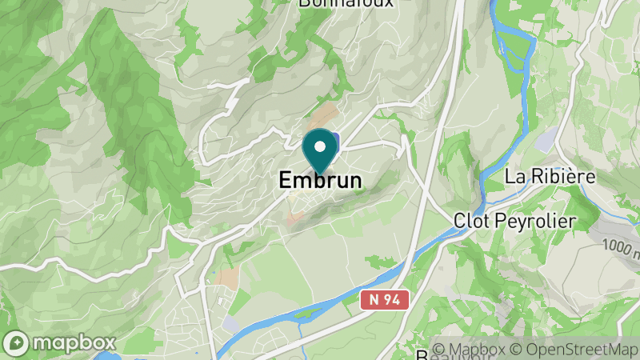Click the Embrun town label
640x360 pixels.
tap(320, 181)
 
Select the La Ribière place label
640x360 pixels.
tap(550, 174)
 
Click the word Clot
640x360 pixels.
tap(470, 220)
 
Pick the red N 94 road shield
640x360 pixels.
tap(384, 300)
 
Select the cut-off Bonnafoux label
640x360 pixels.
tap(346, 3)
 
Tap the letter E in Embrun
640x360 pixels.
tap(286, 181)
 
